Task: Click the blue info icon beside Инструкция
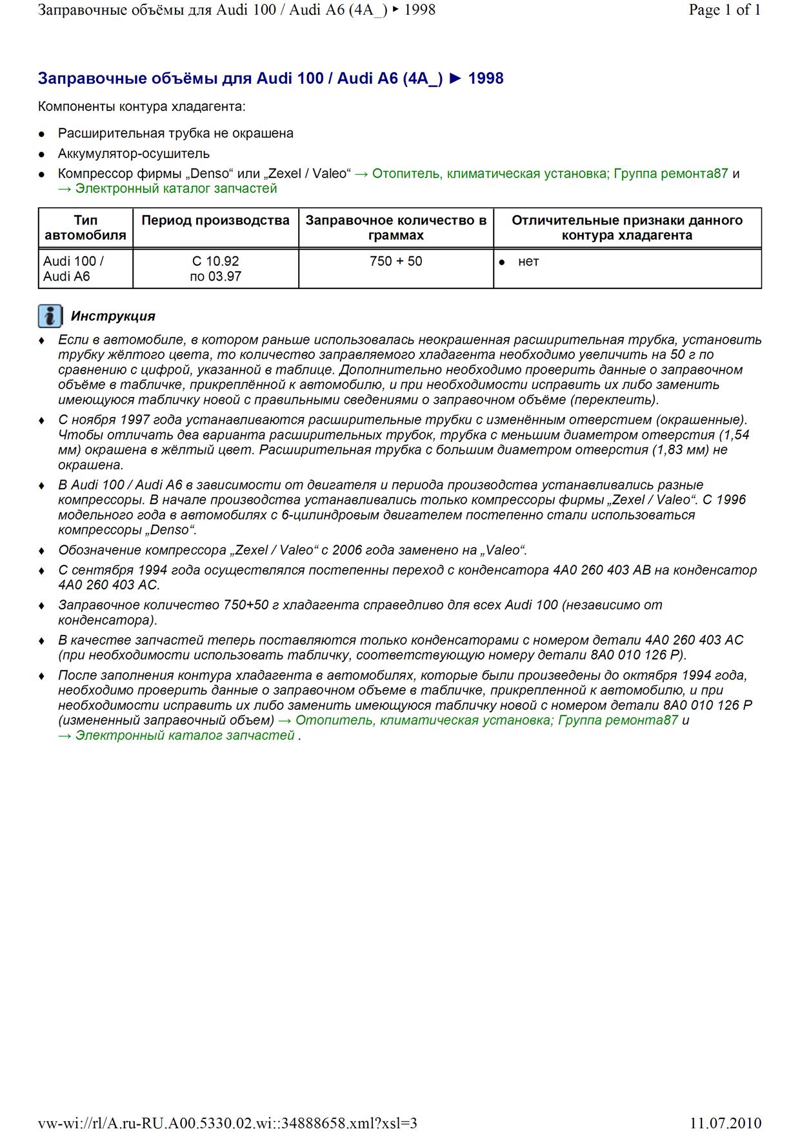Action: [50, 316]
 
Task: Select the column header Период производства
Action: [215, 221]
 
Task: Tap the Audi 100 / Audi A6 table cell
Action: [73, 268]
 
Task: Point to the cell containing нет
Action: [528, 261]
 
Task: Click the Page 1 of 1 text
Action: [725, 10]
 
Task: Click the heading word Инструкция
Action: [113, 316]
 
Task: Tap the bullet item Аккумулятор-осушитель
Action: [134, 154]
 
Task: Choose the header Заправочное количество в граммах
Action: [395, 228]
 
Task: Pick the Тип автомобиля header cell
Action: [85, 228]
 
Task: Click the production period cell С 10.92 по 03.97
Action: [215, 268]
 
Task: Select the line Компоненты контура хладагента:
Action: [141, 106]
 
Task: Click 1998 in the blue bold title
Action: [486, 79]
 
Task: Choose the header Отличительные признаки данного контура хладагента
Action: [627, 228]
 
